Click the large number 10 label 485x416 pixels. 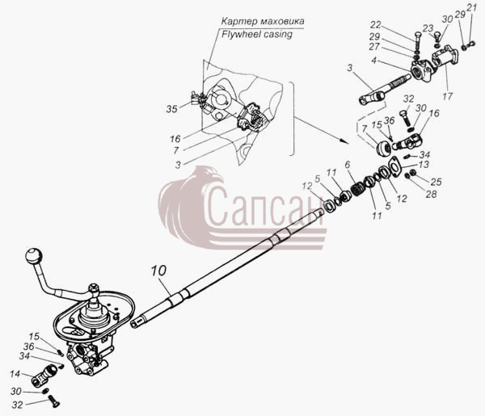158,271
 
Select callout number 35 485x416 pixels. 171,109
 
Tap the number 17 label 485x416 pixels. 447,96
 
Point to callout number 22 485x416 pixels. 376,25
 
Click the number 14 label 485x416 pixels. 15,374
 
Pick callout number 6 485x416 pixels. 348,165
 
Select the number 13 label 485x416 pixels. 424,165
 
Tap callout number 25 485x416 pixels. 436,182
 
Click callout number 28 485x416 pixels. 431,194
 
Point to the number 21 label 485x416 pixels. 472,8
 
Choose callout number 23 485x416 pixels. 428,28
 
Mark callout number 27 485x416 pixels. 374,47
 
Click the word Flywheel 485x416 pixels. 239,34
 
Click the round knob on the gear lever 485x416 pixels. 34,255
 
